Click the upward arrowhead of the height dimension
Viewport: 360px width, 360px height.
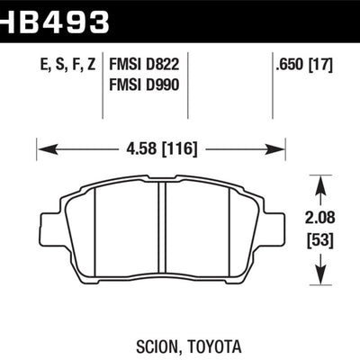point(320,184)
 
